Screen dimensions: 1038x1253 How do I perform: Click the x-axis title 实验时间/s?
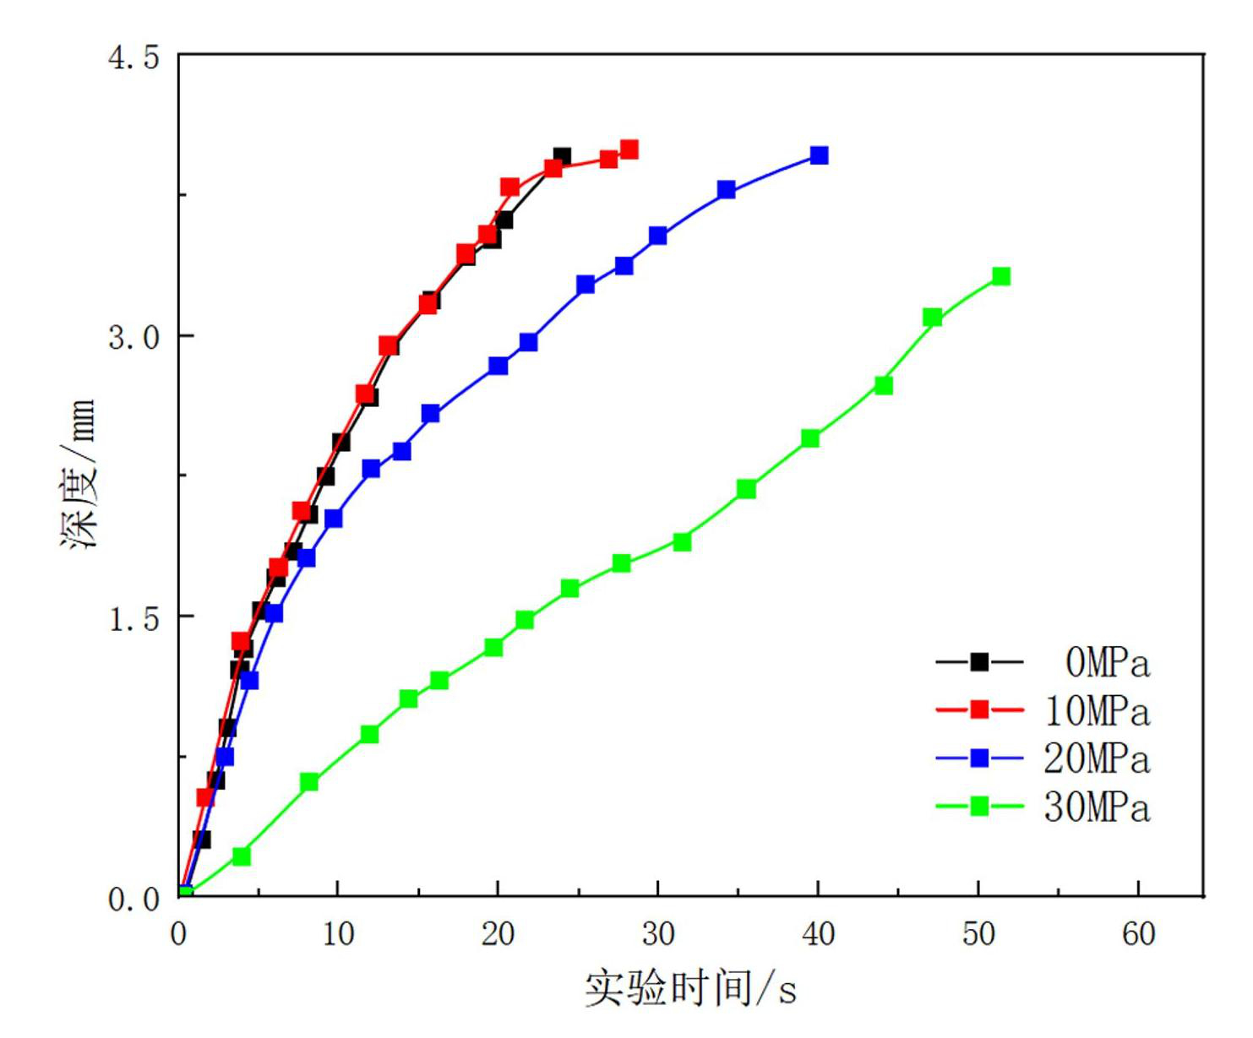[x=690, y=987]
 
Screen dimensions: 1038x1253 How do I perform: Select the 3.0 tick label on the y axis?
[x=134, y=337]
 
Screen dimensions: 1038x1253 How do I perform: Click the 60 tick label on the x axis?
[x=1138, y=934]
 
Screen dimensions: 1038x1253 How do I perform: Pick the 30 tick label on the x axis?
[x=657, y=934]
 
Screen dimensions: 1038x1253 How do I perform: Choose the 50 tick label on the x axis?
[x=978, y=934]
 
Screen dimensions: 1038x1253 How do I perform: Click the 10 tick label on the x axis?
[x=337, y=934]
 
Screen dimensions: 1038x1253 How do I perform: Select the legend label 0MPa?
[x=1107, y=662]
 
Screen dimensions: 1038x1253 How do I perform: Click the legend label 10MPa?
[x=1097, y=710]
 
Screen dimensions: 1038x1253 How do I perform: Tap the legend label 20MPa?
[x=1097, y=758]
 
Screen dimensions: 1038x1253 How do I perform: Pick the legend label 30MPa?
[x=1097, y=807]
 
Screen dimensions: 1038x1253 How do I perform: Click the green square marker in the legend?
[x=979, y=807]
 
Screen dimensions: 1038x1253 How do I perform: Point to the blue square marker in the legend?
[x=979, y=758]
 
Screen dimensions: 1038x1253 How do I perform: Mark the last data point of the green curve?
[x=1001, y=276]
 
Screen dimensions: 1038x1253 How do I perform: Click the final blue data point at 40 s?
[x=819, y=155]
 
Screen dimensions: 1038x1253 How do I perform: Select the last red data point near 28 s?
[x=629, y=149]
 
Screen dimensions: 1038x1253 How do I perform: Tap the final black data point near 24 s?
[x=562, y=156]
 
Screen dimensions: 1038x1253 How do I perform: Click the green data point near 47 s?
[x=932, y=317]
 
